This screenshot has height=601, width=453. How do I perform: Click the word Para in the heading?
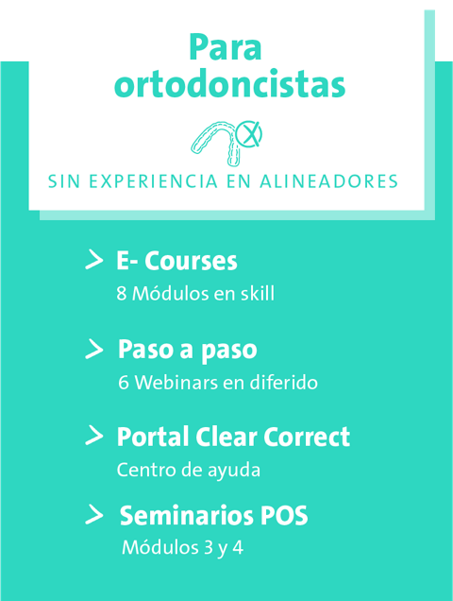coord(226,47)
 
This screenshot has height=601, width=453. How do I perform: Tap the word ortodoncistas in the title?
coord(229,83)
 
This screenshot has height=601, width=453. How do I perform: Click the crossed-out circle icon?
coord(249,134)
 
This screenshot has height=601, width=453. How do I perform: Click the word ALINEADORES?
coord(329,181)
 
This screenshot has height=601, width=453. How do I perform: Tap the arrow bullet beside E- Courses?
coord(94,260)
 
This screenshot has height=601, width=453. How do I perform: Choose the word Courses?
coord(191,261)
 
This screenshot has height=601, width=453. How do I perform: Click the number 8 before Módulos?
coord(122,294)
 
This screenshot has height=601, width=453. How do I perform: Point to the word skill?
coord(258,293)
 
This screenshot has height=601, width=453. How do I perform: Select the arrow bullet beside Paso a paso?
coord(94,349)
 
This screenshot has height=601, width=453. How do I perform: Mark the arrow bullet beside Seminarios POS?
coord(94,514)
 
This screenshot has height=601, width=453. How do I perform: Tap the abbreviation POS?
coord(284,516)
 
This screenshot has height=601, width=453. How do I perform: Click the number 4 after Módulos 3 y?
coord(238,548)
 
